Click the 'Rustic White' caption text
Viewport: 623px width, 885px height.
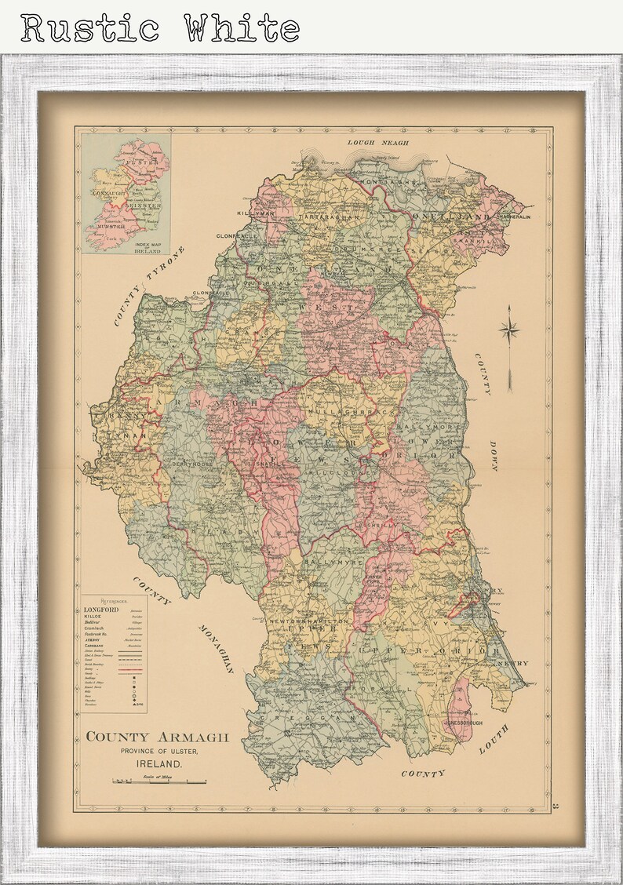160,28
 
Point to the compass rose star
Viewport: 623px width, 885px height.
510,330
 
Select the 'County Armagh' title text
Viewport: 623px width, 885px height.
157,737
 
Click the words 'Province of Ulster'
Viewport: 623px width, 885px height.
157,752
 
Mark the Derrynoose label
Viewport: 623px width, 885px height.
193,464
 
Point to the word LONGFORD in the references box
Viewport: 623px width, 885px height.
100,610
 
